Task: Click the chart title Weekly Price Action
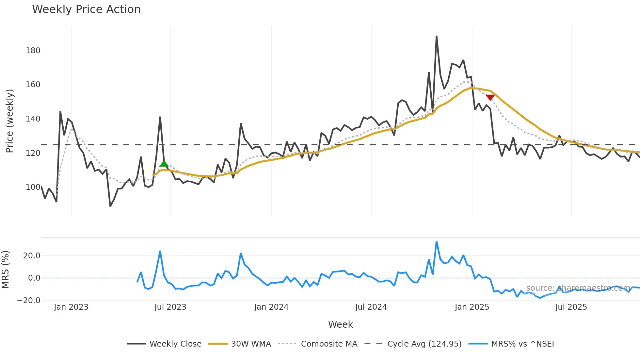pyautogui.click(x=86, y=9)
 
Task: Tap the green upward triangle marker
pyautogui.click(x=164, y=164)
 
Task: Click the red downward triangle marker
pyautogui.click(x=490, y=97)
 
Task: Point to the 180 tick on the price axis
pyautogui.click(x=33, y=51)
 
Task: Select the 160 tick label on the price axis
pyautogui.click(x=33, y=85)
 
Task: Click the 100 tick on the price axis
pyautogui.click(x=33, y=187)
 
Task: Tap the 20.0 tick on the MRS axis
pyautogui.click(x=32, y=256)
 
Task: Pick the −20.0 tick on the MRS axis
pyautogui.click(x=29, y=301)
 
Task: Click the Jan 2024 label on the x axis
pyautogui.click(x=271, y=307)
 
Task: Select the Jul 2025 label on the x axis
pyautogui.click(x=571, y=307)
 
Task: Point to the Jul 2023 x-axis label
pyautogui.click(x=170, y=307)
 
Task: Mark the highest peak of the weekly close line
pyautogui.click(x=437, y=36)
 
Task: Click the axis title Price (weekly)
pyautogui.click(x=9, y=121)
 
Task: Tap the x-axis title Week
pyautogui.click(x=340, y=324)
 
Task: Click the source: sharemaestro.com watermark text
pyautogui.click(x=578, y=288)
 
